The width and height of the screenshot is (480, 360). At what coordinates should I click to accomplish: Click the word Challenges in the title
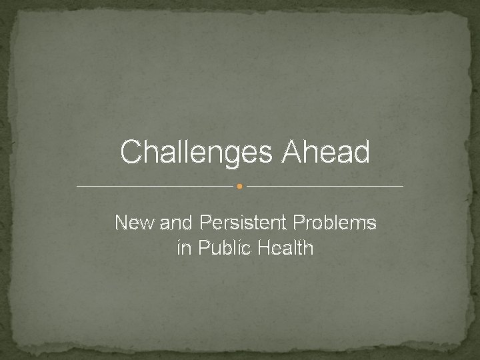point(197,152)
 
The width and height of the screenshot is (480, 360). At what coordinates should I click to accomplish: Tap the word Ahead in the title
point(326,152)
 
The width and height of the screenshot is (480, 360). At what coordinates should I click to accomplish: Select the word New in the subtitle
point(135,223)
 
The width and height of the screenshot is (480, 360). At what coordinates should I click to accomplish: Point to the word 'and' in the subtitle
point(175,223)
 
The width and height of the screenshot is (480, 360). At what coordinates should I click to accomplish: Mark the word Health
point(283,249)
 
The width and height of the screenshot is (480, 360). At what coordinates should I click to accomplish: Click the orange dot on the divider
point(239,186)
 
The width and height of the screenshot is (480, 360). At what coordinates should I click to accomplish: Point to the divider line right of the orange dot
point(325,186)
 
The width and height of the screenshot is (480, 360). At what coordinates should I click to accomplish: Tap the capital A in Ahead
point(292,152)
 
